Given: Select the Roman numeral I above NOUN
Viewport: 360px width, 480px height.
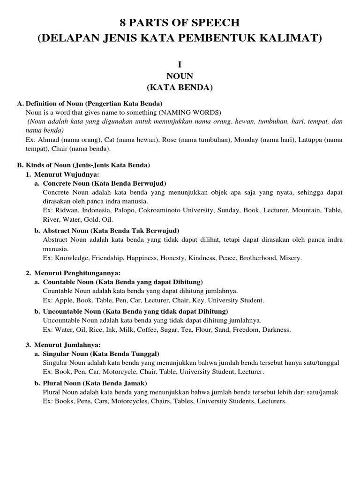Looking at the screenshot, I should click(180, 66).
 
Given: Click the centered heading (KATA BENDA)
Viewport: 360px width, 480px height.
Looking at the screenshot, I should click(180, 87).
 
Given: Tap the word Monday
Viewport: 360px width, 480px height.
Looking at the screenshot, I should click(247, 140).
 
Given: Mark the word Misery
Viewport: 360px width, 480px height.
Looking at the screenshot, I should click(291, 258).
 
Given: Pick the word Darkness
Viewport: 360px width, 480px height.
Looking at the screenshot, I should click(276, 330).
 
